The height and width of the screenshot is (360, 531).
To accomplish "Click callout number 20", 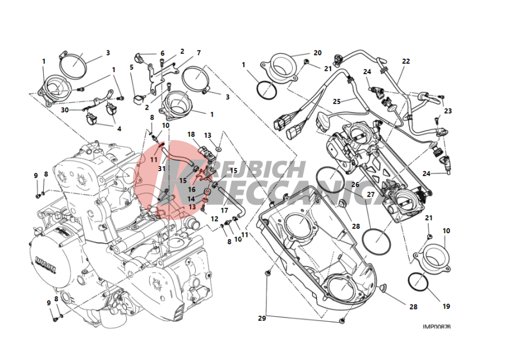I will [x=317, y=53].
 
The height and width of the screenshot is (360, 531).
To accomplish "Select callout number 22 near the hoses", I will [x=406, y=61].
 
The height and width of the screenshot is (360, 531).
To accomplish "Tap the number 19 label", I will [x=446, y=306].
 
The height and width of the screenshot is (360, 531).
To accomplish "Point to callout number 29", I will [x=261, y=317].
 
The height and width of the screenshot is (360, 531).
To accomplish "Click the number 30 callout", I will [x=65, y=110].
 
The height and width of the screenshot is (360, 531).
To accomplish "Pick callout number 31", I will [x=161, y=168].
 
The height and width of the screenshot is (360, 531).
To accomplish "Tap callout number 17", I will [x=224, y=210].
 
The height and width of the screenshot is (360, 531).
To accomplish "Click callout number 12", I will [x=215, y=219].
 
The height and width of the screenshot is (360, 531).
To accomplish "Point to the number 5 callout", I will [x=131, y=68].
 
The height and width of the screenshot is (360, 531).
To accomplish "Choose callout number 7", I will [x=198, y=53].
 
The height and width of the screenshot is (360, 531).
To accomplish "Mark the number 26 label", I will [x=355, y=184].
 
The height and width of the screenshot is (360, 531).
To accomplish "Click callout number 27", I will [x=370, y=194].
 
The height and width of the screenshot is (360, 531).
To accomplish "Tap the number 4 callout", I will [x=118, y=128].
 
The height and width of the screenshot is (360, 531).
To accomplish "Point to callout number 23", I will [x=448, y=111].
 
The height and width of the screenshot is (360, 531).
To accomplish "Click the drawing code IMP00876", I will [x=436, y=327].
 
